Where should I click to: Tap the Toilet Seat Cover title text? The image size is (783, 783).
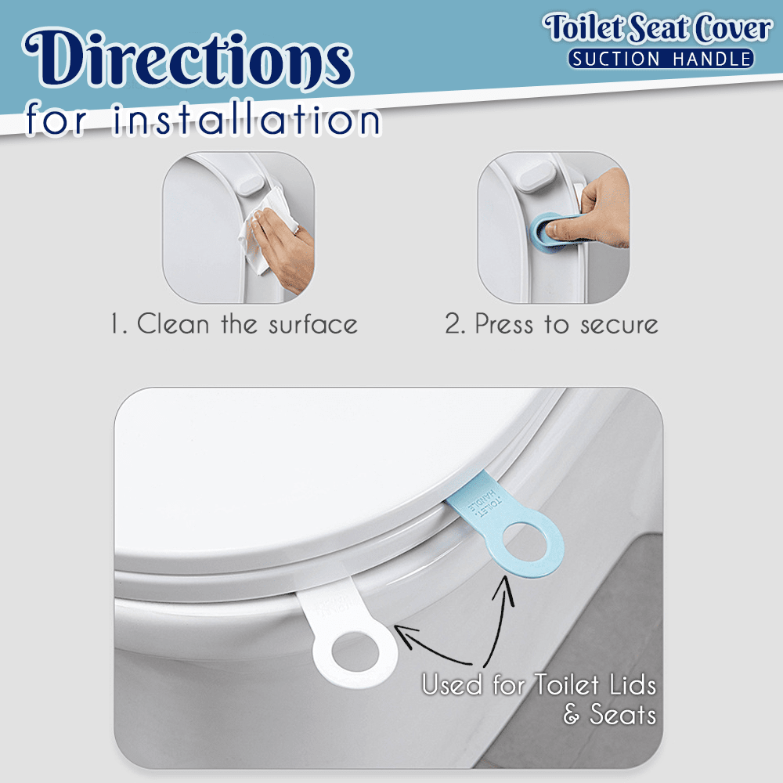[659, 29]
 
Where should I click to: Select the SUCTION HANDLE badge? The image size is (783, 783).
[661, 58]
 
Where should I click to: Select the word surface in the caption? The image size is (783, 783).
[313, 323]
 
